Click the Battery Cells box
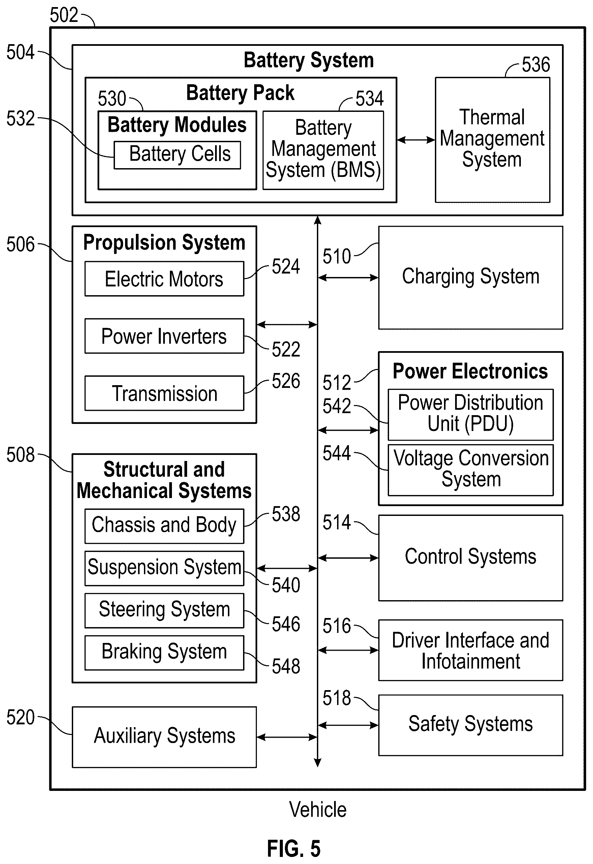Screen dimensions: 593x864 click(x=177, y=155)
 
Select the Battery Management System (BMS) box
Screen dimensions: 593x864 click(x=323, y=150)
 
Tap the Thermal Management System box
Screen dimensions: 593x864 click(x=493, y=140)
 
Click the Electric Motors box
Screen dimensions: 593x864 click(x=164, y=279)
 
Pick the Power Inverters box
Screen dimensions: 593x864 click(x=164, y=336)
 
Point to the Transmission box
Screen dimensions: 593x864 click(x=164, y=393)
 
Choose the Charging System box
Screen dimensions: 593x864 click(x=471, y=278)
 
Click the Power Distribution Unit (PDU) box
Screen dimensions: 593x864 click(x=471, y=414)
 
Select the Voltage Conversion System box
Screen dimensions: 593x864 click(x=471, y=470)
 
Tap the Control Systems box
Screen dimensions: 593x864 click(x=471, y=558)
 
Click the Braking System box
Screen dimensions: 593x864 click(x=164, y=653)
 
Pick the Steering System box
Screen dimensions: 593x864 click(x=164, y=611)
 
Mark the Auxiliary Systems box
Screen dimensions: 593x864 click(x=164, y=737)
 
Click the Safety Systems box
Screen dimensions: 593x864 click(x=471, y=725)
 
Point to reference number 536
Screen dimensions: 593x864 click(x=536, y=65)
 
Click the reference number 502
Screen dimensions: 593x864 click(x=64, y=15)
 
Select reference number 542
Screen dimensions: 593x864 click(x=337, y=406)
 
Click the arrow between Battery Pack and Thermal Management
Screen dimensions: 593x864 click(x=416, y=140)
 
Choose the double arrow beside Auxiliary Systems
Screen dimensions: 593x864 click(x=287, y=737)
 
